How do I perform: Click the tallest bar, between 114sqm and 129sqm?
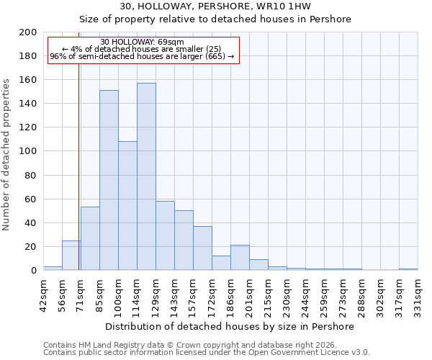[x=146, y=176]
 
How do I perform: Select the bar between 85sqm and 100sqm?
[x=109, y=180]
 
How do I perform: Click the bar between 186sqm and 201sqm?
[x=240, y=258]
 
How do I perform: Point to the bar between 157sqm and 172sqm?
[x=202, y=248]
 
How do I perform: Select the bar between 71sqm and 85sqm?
[x=90, y=238]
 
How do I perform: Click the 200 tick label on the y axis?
[x=28, y=32]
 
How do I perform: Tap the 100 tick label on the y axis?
[x=28, y=151]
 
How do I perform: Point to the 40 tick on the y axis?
[x=31, y=222]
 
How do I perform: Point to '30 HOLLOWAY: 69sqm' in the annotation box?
[x=142, y=42]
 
